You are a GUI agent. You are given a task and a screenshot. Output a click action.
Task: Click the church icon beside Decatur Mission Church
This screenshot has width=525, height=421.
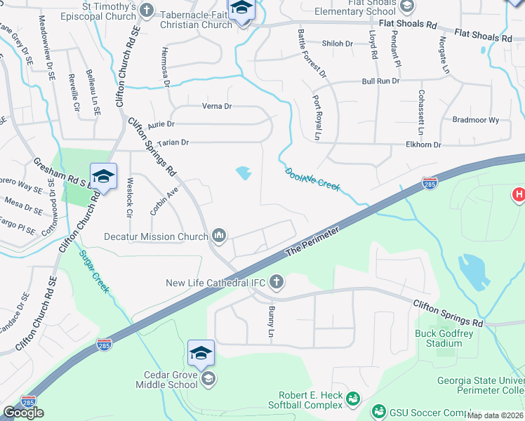[219, 235]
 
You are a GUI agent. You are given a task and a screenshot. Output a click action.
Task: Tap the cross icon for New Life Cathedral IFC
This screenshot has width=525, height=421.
[277, 282]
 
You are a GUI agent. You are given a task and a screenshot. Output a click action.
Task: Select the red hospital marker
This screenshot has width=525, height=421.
[518, 194]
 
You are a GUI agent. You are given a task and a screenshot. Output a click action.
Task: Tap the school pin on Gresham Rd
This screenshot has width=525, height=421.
[103, 177]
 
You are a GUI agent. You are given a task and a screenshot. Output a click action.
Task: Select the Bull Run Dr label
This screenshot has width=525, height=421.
[380, 81]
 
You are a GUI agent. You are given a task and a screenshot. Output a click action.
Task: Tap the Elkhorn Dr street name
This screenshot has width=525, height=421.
[423, 145]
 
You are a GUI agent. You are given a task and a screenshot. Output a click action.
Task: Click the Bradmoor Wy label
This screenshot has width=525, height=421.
[475, 120]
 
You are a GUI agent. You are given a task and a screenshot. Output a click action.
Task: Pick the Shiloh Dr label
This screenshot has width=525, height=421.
[337, 44]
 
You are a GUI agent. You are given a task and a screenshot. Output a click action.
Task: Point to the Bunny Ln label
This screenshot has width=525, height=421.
[271, 322]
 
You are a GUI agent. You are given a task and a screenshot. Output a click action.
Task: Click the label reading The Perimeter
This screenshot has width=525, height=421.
[312, 243]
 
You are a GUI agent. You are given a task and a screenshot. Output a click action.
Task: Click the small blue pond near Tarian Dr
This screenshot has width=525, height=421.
[244, 172]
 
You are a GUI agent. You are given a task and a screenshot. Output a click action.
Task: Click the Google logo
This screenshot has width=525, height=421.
[24, 413]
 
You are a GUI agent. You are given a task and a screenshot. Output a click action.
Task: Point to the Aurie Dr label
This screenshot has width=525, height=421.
[161, 124]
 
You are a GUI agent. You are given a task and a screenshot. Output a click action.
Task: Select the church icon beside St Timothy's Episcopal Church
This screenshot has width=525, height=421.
[146, 10]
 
